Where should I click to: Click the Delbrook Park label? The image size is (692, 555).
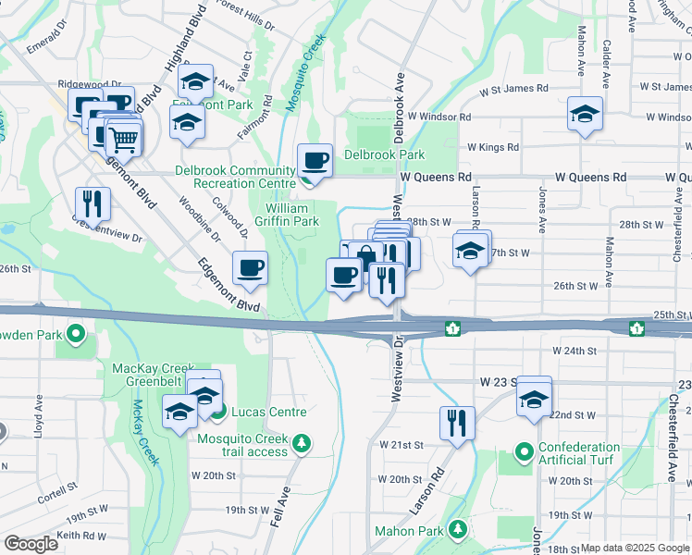(x=384, y=154)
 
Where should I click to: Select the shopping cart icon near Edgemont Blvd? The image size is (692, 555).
(x=124, y=140)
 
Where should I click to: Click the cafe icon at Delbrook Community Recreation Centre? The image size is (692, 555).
(x=315, y=160)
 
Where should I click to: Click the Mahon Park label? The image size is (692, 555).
(x=409, y=531)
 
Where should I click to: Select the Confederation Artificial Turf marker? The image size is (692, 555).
(x=524, y=453)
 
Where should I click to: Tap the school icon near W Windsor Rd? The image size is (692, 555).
(x=585, y=115)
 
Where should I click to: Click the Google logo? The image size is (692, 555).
(x=31, y=544)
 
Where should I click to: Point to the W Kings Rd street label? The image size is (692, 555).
(x=493, y=147)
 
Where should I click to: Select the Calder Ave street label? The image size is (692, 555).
(x=607, y=57)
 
